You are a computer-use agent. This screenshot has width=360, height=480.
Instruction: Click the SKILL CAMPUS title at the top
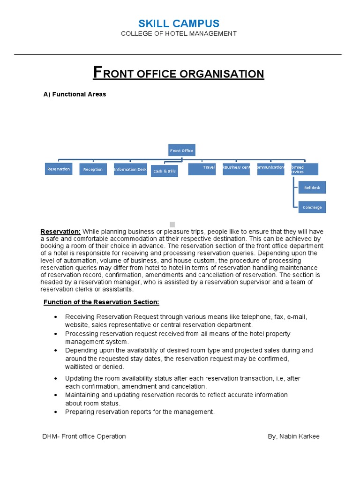[x=179, y=23]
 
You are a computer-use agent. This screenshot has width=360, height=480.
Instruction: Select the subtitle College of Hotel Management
[x=179, y=34]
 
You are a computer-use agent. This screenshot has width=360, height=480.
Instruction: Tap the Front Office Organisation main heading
[x=179, y=73]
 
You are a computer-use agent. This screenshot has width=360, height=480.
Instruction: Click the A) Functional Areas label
[x=75, y=94]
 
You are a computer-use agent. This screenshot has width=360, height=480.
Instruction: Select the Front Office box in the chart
[x=181, y=150]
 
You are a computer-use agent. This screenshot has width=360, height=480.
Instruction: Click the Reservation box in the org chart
[x=59, y=169]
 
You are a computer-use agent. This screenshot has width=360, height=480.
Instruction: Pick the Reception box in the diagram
[x=93, y=169]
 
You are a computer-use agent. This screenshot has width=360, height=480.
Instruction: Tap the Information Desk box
[x=130, y=169]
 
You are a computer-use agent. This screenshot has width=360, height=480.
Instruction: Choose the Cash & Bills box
[x=165, y=171]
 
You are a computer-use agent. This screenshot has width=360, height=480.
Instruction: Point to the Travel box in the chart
[x=202, y=169]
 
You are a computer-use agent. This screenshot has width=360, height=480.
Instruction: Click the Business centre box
[x=236, y=169]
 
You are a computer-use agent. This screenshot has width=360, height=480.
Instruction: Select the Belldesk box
[x=312, y=187]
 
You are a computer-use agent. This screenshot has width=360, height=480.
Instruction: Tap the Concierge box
[x=312, y=207]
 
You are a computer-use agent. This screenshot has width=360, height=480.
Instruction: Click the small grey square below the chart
[x=172, y=224]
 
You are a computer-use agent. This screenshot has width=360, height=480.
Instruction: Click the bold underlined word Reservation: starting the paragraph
[x=60, y=232]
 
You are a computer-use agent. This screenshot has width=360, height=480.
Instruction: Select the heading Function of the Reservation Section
[x=101, y=302]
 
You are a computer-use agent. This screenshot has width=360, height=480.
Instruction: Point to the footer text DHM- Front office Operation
[x=84, y=436]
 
